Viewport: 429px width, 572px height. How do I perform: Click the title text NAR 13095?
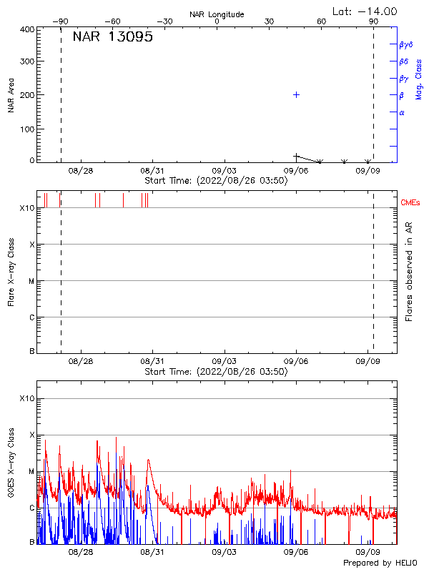112,38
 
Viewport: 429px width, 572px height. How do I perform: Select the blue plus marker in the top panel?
296,94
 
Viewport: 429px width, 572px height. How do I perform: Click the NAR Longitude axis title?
217,14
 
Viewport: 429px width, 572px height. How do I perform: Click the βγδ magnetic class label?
406,44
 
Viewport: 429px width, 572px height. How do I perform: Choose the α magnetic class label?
402,112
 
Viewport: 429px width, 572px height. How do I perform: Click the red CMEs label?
410,203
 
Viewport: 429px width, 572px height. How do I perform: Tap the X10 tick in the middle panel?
26,208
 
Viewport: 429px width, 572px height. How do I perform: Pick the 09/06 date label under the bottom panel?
296,551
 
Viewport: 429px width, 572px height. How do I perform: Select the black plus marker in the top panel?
296,156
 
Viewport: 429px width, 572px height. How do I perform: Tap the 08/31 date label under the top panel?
152,171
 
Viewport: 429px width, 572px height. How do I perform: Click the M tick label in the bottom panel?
31,471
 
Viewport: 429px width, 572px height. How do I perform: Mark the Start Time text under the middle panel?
216,372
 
